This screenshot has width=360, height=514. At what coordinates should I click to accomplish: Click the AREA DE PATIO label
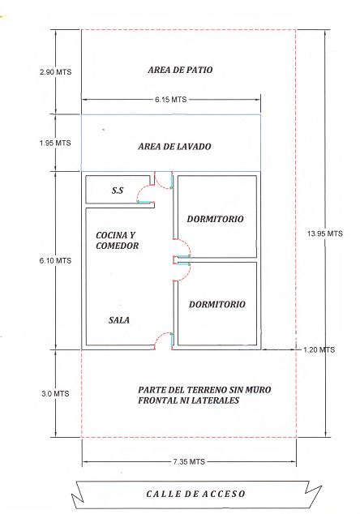[180, 70]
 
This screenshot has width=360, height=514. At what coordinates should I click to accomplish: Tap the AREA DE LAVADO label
[174, 146]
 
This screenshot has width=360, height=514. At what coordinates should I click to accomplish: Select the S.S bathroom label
[118, 191]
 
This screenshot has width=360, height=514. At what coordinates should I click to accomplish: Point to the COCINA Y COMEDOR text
[117, 240]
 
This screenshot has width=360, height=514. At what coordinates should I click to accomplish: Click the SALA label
[119, 319]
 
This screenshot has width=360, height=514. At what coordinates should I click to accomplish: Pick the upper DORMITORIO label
[215, 219]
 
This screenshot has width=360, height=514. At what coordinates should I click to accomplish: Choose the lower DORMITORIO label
[217, 304]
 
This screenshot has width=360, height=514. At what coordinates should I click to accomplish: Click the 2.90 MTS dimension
[55, 72]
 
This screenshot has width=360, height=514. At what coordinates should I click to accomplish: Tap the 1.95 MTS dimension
[55, 143]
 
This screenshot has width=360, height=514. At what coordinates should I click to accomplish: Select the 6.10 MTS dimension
[55, 260]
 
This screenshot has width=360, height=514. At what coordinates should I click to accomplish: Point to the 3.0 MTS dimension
[55, 393]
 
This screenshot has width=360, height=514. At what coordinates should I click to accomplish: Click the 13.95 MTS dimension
[325, 233]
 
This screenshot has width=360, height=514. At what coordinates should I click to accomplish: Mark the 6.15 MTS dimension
[171, 100]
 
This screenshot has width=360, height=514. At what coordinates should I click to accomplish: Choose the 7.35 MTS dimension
[189, 461]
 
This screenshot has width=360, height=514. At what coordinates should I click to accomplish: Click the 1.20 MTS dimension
[319, 349]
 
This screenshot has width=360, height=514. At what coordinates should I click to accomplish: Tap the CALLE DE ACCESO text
[195, 494]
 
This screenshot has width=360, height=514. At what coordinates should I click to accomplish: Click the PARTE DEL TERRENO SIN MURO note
[204, 395]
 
